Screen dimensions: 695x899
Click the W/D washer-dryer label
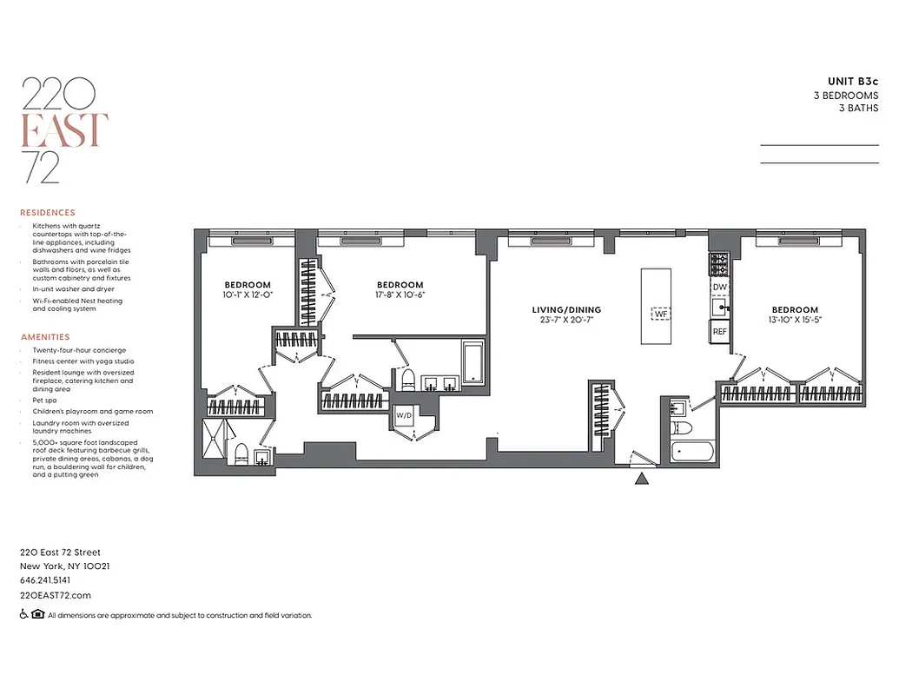(404, 415)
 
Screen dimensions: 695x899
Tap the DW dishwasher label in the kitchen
(719, 286)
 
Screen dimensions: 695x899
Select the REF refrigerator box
(719, 331)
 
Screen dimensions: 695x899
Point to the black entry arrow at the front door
(641, 477)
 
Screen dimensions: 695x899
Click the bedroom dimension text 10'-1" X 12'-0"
(248, 295)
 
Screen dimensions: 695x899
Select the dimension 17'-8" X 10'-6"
(400, 295)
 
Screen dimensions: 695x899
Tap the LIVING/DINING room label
(567, 310)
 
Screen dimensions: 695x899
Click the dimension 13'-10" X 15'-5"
(795, 320)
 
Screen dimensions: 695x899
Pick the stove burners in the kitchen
(719, 261)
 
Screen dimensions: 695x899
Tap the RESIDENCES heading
(48, 212)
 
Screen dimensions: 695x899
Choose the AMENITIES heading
(44, 337)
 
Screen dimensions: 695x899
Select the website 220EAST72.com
(55, 595)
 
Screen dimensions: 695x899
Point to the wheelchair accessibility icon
(24, 615)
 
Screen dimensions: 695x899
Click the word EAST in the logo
(65, 129)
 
